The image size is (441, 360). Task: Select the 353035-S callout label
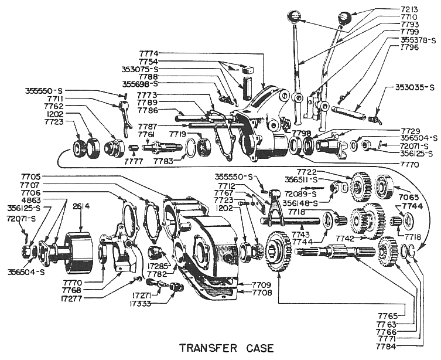[x=409, y=89]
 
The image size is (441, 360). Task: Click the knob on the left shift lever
[x=295, y=15]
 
